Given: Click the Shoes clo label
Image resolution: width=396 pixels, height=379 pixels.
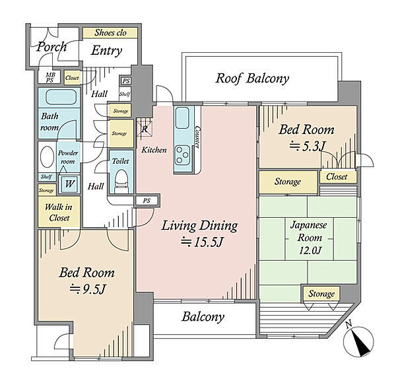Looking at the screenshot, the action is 110,32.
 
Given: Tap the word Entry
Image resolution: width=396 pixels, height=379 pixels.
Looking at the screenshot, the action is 106,51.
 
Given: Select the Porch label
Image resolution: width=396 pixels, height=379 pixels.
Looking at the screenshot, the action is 51,47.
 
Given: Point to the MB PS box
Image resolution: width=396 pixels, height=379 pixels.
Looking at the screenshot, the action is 49,77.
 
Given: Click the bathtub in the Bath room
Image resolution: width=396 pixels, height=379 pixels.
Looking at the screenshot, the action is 61,97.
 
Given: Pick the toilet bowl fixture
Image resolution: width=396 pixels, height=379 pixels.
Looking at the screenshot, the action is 121,179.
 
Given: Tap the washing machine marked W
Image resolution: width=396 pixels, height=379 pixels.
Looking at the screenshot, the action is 69,184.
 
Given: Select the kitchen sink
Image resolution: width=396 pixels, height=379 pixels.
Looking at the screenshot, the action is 182,118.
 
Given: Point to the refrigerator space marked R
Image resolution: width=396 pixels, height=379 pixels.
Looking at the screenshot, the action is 145,129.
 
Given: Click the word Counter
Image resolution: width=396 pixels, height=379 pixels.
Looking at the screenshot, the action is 197,137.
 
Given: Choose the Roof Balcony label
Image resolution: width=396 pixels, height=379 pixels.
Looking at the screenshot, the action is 252,78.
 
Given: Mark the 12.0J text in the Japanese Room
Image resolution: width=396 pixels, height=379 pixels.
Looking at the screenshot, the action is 310,251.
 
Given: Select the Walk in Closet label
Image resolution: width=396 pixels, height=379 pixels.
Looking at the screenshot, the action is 59,212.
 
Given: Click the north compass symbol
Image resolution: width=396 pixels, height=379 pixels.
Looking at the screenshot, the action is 358,341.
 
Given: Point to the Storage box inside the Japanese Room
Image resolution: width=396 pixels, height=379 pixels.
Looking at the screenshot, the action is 321,294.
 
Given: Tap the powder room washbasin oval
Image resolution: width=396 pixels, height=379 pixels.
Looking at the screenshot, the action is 48,156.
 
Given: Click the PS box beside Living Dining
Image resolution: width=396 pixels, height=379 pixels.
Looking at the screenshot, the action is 147,201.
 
